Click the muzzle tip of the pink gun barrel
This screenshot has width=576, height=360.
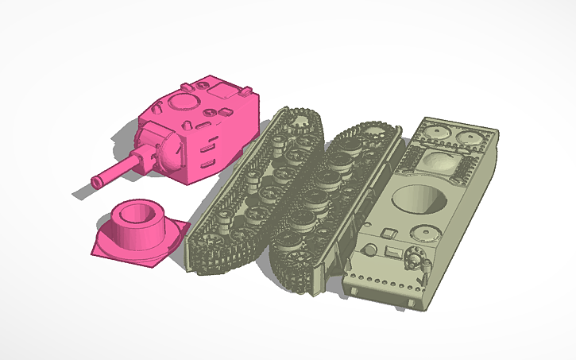(x=97, y=182)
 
